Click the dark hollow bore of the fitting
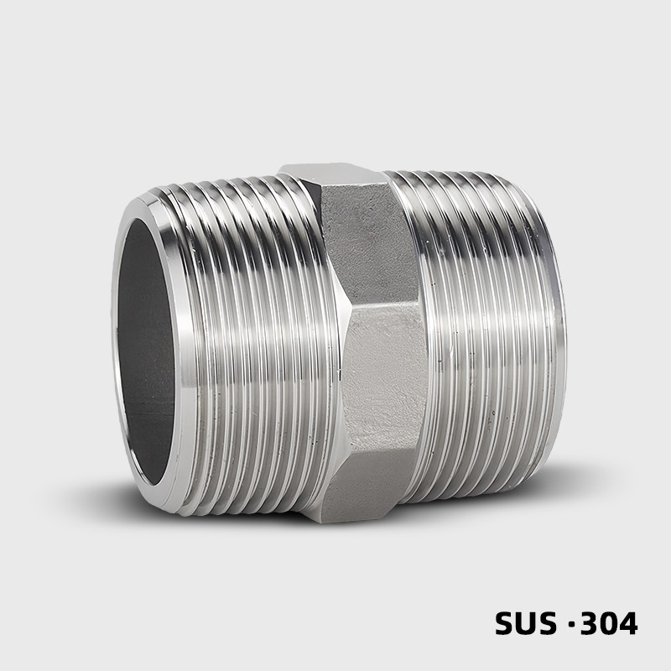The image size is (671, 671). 144,351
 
